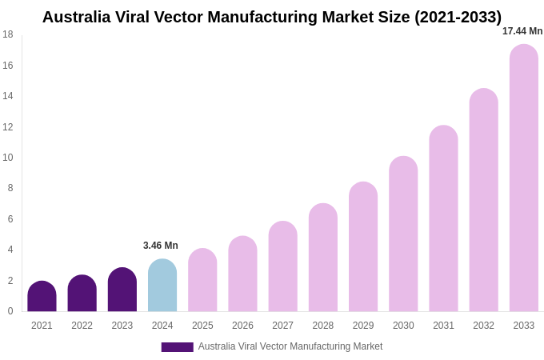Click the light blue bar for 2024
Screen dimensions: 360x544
162,286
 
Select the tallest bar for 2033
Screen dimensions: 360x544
523,178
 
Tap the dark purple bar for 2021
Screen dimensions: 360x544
42,297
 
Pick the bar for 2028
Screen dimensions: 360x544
323,258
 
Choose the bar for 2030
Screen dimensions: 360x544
403,234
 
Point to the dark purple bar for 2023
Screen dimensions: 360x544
122,290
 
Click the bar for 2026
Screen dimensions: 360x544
242,274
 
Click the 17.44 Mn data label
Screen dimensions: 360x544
522,31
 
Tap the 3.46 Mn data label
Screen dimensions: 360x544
161,246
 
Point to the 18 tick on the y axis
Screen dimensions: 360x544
8,34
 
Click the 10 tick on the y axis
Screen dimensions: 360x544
8,158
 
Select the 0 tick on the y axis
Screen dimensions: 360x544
10,311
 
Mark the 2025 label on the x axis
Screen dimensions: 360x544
202,326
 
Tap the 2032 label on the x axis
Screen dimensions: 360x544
483,326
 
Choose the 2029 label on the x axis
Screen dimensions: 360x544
363,326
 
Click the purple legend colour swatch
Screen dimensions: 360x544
177,347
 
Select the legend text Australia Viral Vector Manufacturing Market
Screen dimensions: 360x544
290,346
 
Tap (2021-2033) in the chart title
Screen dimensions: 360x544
458,17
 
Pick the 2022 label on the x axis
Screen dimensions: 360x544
82,326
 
